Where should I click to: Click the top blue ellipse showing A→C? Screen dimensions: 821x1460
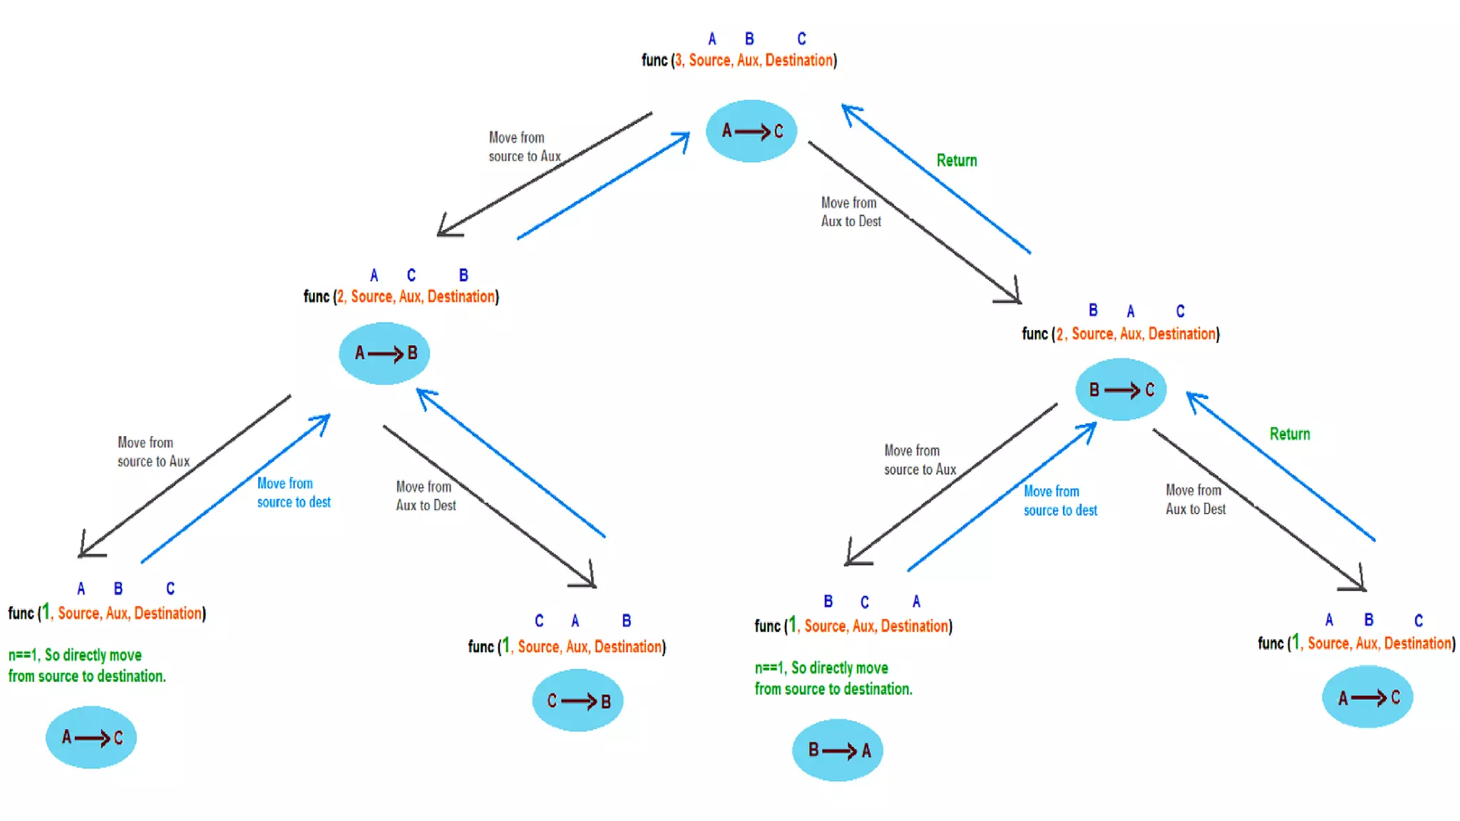coord(751,131)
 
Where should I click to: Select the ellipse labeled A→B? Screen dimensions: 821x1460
coord(384,353)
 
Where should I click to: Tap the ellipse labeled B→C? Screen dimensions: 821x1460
coord(1121,390)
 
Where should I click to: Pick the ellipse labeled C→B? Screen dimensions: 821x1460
coord(577,701)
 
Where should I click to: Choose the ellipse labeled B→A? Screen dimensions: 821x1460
coord(838,750)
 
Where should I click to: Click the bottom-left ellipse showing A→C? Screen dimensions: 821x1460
coord(91,738)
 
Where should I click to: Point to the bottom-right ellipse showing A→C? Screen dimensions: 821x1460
coord(1367,697)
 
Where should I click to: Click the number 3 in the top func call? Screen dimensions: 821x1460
coord(679,61)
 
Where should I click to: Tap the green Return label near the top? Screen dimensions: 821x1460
coord(956,161)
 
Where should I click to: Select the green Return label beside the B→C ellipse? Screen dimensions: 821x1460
coord(1289,435)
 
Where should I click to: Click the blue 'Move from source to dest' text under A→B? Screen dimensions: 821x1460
coord(293,493)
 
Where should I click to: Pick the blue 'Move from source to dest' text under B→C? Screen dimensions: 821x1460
coord(1060,501)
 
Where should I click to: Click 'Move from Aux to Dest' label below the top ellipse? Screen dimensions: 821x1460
coord(850,212)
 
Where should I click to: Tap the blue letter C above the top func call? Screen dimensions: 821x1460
coord(801,38)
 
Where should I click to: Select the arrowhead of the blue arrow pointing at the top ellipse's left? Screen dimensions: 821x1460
coord(684,137)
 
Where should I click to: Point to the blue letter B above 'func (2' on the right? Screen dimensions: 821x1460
coord(1093,311)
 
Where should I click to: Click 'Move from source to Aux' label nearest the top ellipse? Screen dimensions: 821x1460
coord(524,147)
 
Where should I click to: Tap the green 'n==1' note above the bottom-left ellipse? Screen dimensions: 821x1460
coord(86,666)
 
